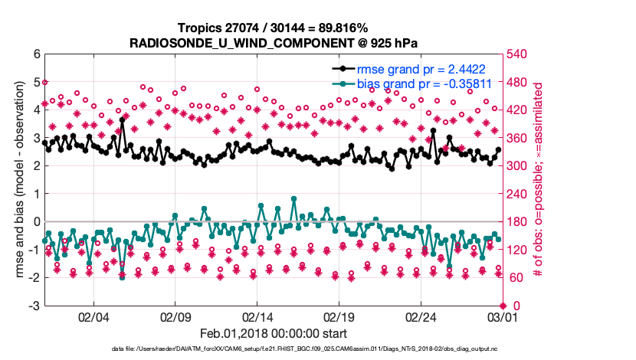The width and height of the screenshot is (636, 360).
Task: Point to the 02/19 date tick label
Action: click(x=339, y=316)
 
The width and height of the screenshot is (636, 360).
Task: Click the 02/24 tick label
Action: click(x=421, y=316)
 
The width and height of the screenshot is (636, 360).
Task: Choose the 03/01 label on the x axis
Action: click(x=502, y=316)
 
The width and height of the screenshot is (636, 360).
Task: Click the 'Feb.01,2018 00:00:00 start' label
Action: click(x=273, y=333)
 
